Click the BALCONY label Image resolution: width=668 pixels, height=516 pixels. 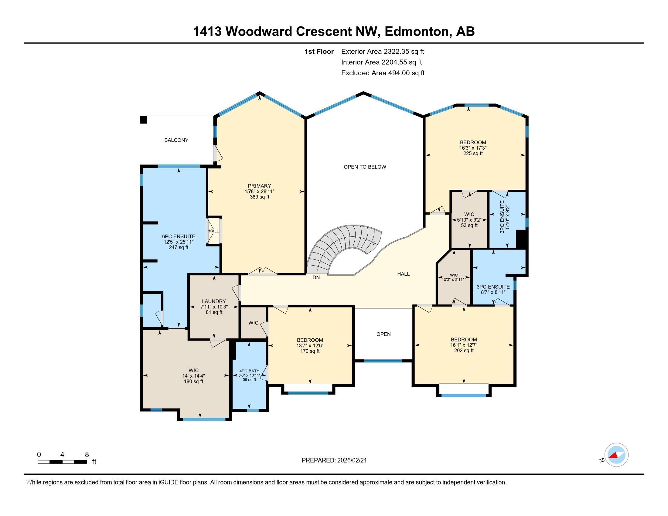176,140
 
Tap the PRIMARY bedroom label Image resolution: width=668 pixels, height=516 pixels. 259,186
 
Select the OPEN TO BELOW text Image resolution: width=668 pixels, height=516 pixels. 365,167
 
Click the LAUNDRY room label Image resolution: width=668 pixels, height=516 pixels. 213,301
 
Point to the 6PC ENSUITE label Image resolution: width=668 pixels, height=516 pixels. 179,236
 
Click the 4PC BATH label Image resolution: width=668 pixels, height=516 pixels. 250,371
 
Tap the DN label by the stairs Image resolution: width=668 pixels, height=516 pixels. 316,277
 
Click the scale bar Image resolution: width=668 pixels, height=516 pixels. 62,462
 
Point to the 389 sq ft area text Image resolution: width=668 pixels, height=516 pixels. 259,197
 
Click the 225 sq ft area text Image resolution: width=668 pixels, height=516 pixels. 473,154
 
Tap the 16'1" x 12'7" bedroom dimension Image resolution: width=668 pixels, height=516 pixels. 464,345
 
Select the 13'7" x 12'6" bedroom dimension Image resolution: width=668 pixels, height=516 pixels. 310,345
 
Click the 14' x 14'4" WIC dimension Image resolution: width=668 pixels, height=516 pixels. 193,376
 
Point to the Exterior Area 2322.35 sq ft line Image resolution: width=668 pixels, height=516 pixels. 382,51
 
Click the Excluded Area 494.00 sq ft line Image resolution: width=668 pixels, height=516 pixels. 383,73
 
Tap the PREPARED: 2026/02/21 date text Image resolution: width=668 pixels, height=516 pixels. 334,460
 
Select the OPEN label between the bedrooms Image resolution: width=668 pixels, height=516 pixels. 383,334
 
